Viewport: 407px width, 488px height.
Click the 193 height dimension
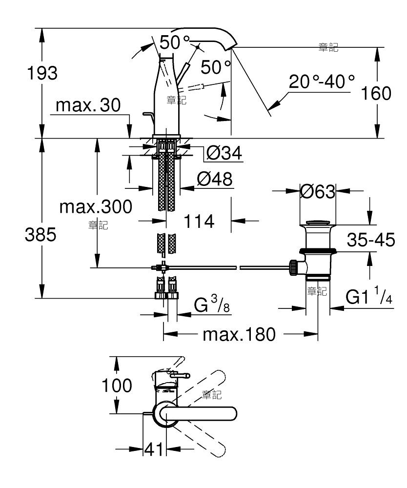click(42, 74)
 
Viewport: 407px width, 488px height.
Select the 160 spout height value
click(376, 93)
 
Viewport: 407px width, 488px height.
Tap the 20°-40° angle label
click(322, 81)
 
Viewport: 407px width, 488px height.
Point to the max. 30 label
click(88, 105)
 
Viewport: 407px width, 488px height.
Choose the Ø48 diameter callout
click(215, 179)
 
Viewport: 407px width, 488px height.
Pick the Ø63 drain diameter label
click(318, 191)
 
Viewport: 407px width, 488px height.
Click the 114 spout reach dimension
click(199, 221)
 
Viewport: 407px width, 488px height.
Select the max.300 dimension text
click(96, 206)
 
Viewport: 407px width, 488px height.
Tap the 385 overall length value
click(41, 234)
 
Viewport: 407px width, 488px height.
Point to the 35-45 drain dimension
click(371, 240)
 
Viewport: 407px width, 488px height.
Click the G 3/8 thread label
click(212, 304)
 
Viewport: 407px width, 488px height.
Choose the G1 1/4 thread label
click(369, 296)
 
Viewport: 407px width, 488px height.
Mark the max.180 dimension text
click(239, 335)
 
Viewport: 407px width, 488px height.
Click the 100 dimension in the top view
click(117, 386)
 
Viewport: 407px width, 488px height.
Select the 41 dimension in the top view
click(154, 449)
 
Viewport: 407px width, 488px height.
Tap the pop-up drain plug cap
click(318, 223)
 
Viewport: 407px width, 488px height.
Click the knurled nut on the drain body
click(293, 267)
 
